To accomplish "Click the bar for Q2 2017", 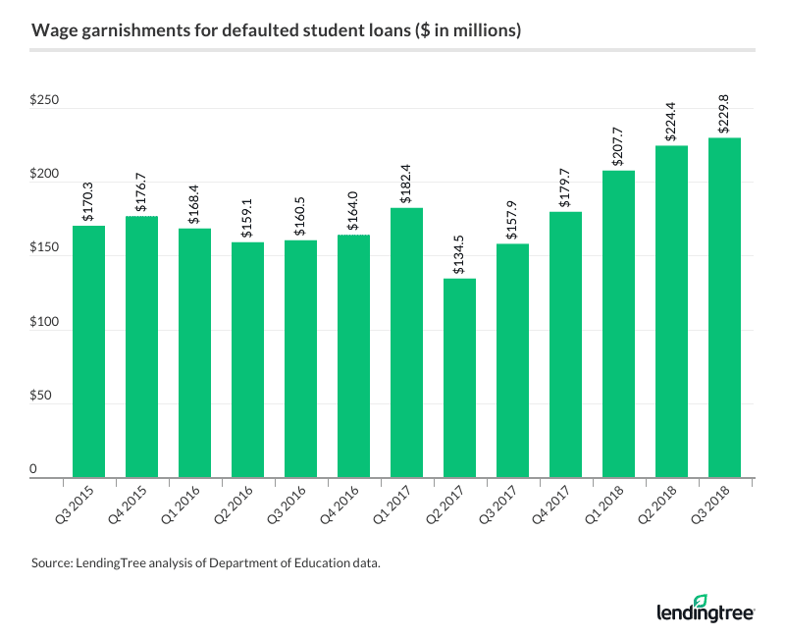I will coord(459,378).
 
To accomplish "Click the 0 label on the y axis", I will coord(59,470).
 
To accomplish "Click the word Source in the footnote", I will coord(52,564).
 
